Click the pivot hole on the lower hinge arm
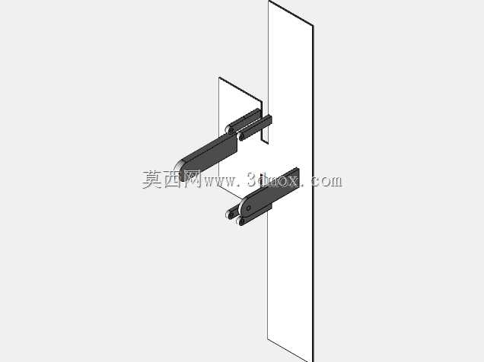249,208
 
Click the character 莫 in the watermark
152,179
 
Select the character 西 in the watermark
173,179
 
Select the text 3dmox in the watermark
273,179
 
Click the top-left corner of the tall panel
269,1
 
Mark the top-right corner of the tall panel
313,25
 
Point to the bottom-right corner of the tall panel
313,361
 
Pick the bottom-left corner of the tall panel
268,338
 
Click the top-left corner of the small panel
219,78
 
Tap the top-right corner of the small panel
262,101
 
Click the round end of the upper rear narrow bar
230,129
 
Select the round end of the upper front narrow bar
241,136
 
